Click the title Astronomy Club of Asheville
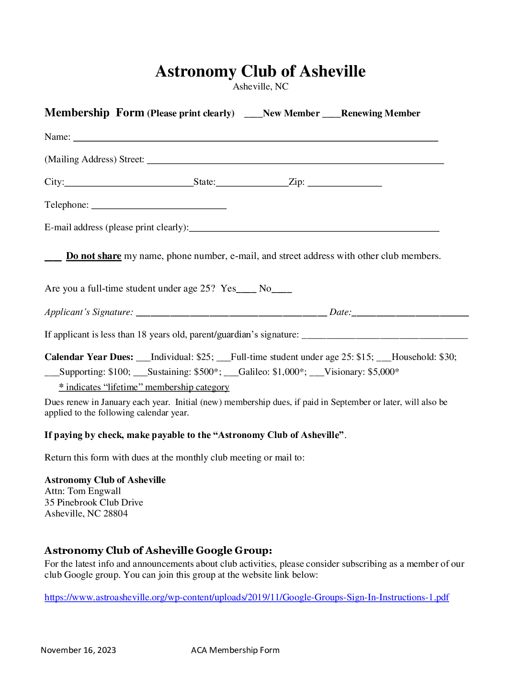(x=260, y=71)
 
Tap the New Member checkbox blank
(x=253, y=114)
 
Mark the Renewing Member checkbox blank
(x=331, y=114)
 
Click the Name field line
(x=255, y=138)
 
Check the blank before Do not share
(x=53, y=257)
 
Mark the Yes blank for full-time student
(x=246, y=289)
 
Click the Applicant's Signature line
(x=231, y=313)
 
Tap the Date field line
(x=410, y=313)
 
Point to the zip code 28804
(x=115, y=514)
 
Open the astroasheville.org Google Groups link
(x=247, y=597)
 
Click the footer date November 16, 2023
(x=79, y=650)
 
